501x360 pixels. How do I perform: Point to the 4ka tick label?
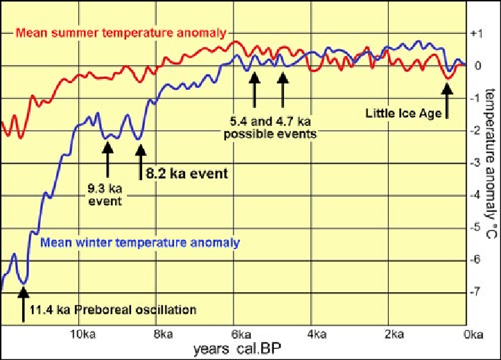(317, 336)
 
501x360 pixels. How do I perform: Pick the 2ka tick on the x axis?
(395, 336)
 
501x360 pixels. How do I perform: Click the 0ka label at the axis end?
(473, 336)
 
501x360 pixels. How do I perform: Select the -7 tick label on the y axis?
(474, 293)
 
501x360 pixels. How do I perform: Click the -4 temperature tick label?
(474, 195)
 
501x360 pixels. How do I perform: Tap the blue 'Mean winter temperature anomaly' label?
(140, 243)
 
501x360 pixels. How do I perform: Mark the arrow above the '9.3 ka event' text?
(108, 159)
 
